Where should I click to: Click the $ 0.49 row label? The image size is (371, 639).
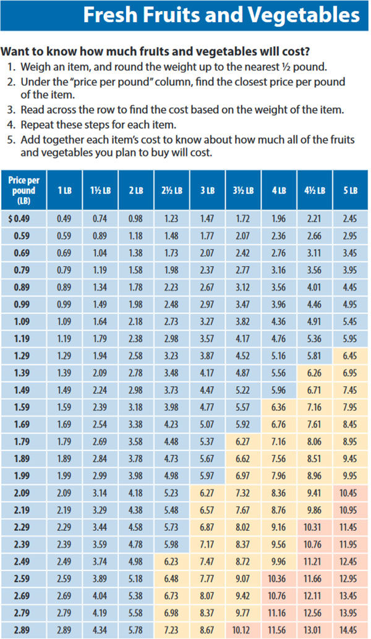20,219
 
